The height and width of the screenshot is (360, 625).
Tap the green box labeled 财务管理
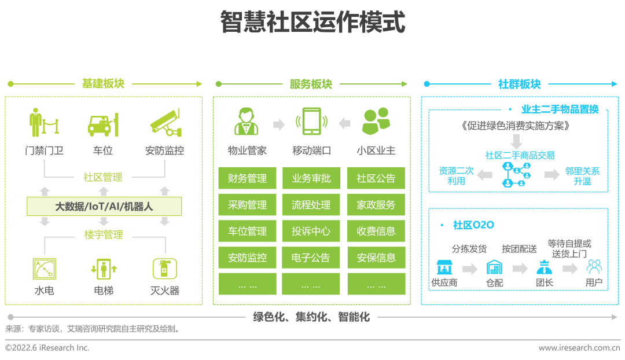point(248,178)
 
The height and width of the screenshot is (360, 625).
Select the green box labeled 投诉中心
point(311,231)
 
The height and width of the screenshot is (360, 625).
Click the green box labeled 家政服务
point(376,205)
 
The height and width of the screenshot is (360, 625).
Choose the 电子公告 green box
point(311,258)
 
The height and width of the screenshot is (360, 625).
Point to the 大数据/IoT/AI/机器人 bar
point(104,206)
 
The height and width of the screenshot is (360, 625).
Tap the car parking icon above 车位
point(103,123)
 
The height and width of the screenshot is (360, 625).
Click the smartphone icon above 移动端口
point(311,122)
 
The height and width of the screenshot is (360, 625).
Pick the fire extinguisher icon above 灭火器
point(164,269)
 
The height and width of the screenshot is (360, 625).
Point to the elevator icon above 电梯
point(104,269)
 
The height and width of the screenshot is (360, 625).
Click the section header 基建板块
point(103,84)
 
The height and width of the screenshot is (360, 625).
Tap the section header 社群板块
point(519,84)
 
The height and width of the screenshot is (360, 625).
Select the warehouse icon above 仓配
point(494,267)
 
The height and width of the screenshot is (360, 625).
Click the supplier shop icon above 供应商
point(444,267)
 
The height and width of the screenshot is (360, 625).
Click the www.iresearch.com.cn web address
point(579,348)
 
